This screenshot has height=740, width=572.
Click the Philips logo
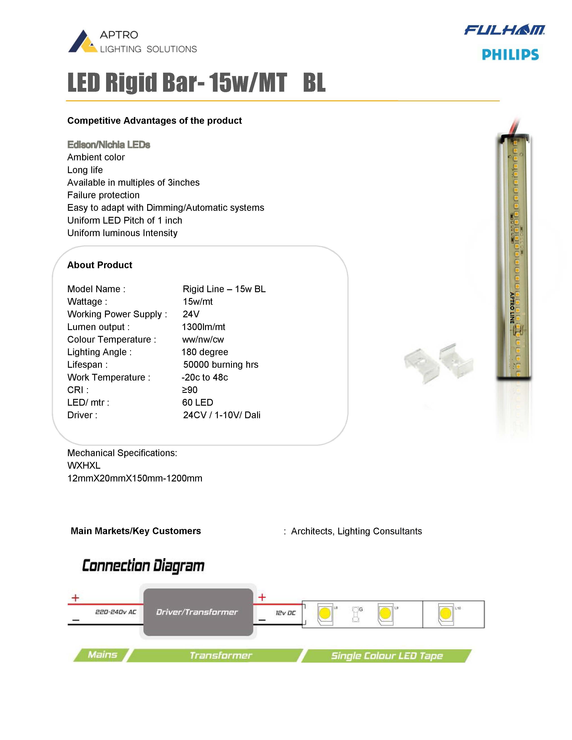point(510,54)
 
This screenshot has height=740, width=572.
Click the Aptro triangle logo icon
point(82,42)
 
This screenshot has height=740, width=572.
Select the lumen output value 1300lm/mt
point(203,327)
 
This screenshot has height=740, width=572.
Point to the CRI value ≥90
point(189,390)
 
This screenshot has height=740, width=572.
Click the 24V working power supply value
point(191,314)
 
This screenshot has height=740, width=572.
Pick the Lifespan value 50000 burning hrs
point(221,365)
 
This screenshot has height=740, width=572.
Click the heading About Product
point(100,265)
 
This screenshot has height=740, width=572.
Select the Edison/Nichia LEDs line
point(108,145)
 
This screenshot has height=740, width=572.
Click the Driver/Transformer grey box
point(198,612)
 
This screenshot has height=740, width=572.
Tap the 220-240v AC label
point(116,612)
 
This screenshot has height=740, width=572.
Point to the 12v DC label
point(285,613)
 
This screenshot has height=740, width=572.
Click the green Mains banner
point(102,655)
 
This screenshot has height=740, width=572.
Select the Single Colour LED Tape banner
point(387,656)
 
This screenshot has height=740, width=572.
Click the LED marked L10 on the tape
point(445,613)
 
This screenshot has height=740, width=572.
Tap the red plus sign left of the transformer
point(75,598)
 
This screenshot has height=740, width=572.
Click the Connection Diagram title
point(143,566)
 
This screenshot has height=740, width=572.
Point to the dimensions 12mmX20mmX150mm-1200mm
point(135,479)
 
